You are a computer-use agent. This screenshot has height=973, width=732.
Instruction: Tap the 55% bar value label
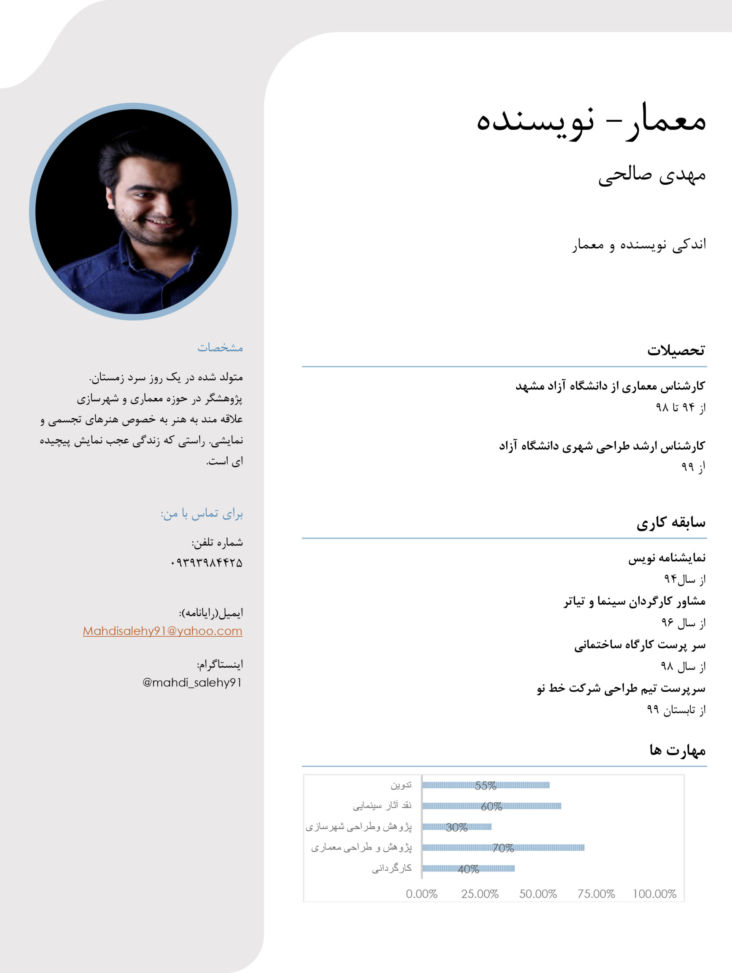coord(485,786)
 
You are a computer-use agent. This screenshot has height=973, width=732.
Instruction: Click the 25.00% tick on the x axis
coord(480,894)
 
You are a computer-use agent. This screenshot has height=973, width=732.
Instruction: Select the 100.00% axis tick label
coord(654,894)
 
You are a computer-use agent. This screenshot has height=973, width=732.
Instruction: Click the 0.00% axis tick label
coord(421,894)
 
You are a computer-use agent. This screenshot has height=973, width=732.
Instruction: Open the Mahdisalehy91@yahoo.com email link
coord(162,631)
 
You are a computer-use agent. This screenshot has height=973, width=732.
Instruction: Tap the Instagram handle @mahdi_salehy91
coord(192,682)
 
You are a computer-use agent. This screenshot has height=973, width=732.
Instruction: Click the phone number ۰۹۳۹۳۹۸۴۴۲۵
coord(206,563)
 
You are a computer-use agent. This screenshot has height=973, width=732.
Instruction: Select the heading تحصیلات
coord(676,350)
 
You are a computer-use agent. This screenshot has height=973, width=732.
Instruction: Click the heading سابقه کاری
coord(671,522)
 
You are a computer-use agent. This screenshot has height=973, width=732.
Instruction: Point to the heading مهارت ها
coord(677,750)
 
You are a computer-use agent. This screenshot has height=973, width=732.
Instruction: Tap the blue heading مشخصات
coord(220,347)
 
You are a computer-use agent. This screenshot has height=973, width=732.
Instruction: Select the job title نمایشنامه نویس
coord(667,558)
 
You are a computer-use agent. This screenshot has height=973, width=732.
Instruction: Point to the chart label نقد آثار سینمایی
coord(382,806)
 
